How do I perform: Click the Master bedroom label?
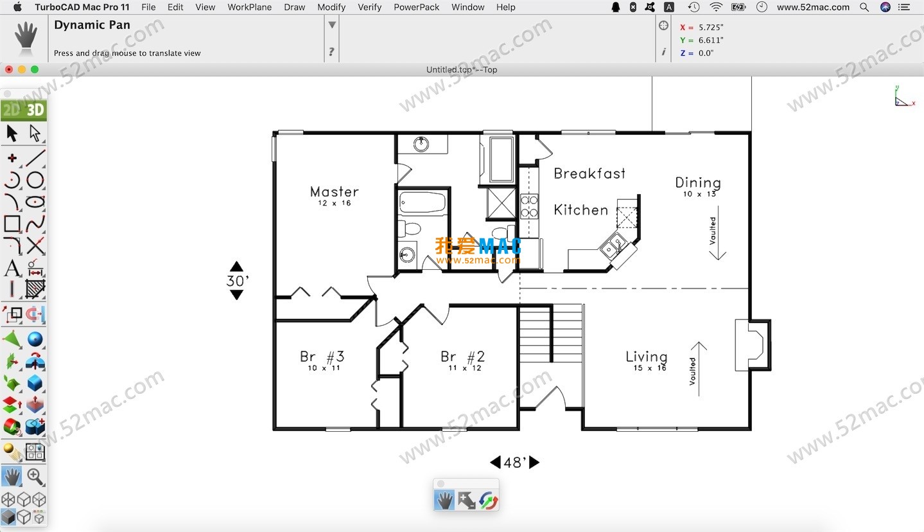coord(334,191)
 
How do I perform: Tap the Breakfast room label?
coord(589,173)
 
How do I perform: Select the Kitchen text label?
coord(580,210)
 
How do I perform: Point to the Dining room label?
coord(697,183)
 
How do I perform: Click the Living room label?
coord(646,357)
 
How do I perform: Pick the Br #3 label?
coord(322,357)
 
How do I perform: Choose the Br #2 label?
coord(462,357)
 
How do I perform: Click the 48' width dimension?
coord(514,463)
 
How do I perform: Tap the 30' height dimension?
coord(236,281)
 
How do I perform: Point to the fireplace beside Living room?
coord(751,344)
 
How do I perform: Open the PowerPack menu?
coord(416,7)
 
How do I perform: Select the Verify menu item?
coord(369,7)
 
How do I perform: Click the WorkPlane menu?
coord(249,7)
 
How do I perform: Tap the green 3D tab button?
coord(35,110)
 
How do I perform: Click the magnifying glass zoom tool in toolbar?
coord(35,477)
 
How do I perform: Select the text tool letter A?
coord(12,268)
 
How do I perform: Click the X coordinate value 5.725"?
coord(710,28)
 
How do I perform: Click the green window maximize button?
coord(35,69)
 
